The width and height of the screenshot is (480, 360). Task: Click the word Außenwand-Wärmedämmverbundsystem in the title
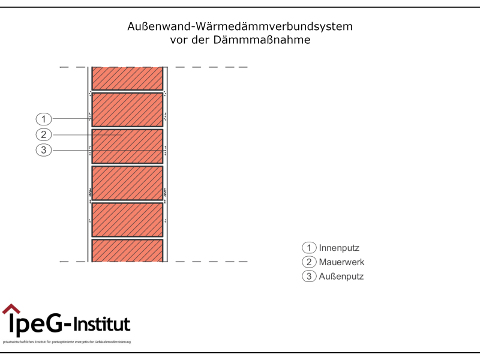click(x=240, y=27)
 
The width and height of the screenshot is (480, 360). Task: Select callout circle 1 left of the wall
click(x=44, y=119)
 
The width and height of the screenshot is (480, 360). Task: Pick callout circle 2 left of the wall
click(x=44, y=134)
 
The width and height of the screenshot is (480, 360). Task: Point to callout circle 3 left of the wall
click(x=44, y=150)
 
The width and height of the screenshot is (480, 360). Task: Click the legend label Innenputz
click(x=339, y=248)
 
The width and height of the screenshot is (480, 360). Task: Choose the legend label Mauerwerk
click(x=341, y=262)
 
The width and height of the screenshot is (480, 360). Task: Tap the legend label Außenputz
click(x=341, y=277)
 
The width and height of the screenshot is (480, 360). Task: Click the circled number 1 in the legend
click(x=309, y=248)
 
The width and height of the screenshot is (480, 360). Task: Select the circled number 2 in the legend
click(x=309, y=262)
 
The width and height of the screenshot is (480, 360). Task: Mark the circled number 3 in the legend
click(x=309, y=277)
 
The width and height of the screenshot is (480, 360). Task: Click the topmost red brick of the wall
click(x=127, y=79)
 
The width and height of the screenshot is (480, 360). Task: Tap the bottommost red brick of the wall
click(x=127, y=251)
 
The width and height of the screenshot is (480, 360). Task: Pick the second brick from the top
click(x=127, y=109)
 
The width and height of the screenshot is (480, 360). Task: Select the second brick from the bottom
click(x=127, y=220)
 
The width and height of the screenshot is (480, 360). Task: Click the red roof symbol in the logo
click(x=11, y=309)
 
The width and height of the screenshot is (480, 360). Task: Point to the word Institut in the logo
click(x=101, y=325)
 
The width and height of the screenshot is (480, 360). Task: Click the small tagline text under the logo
click(x=66, y=342)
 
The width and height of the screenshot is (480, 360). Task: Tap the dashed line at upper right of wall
click(x=210, y=67)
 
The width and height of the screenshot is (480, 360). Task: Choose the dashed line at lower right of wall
click(x=210, y=262)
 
